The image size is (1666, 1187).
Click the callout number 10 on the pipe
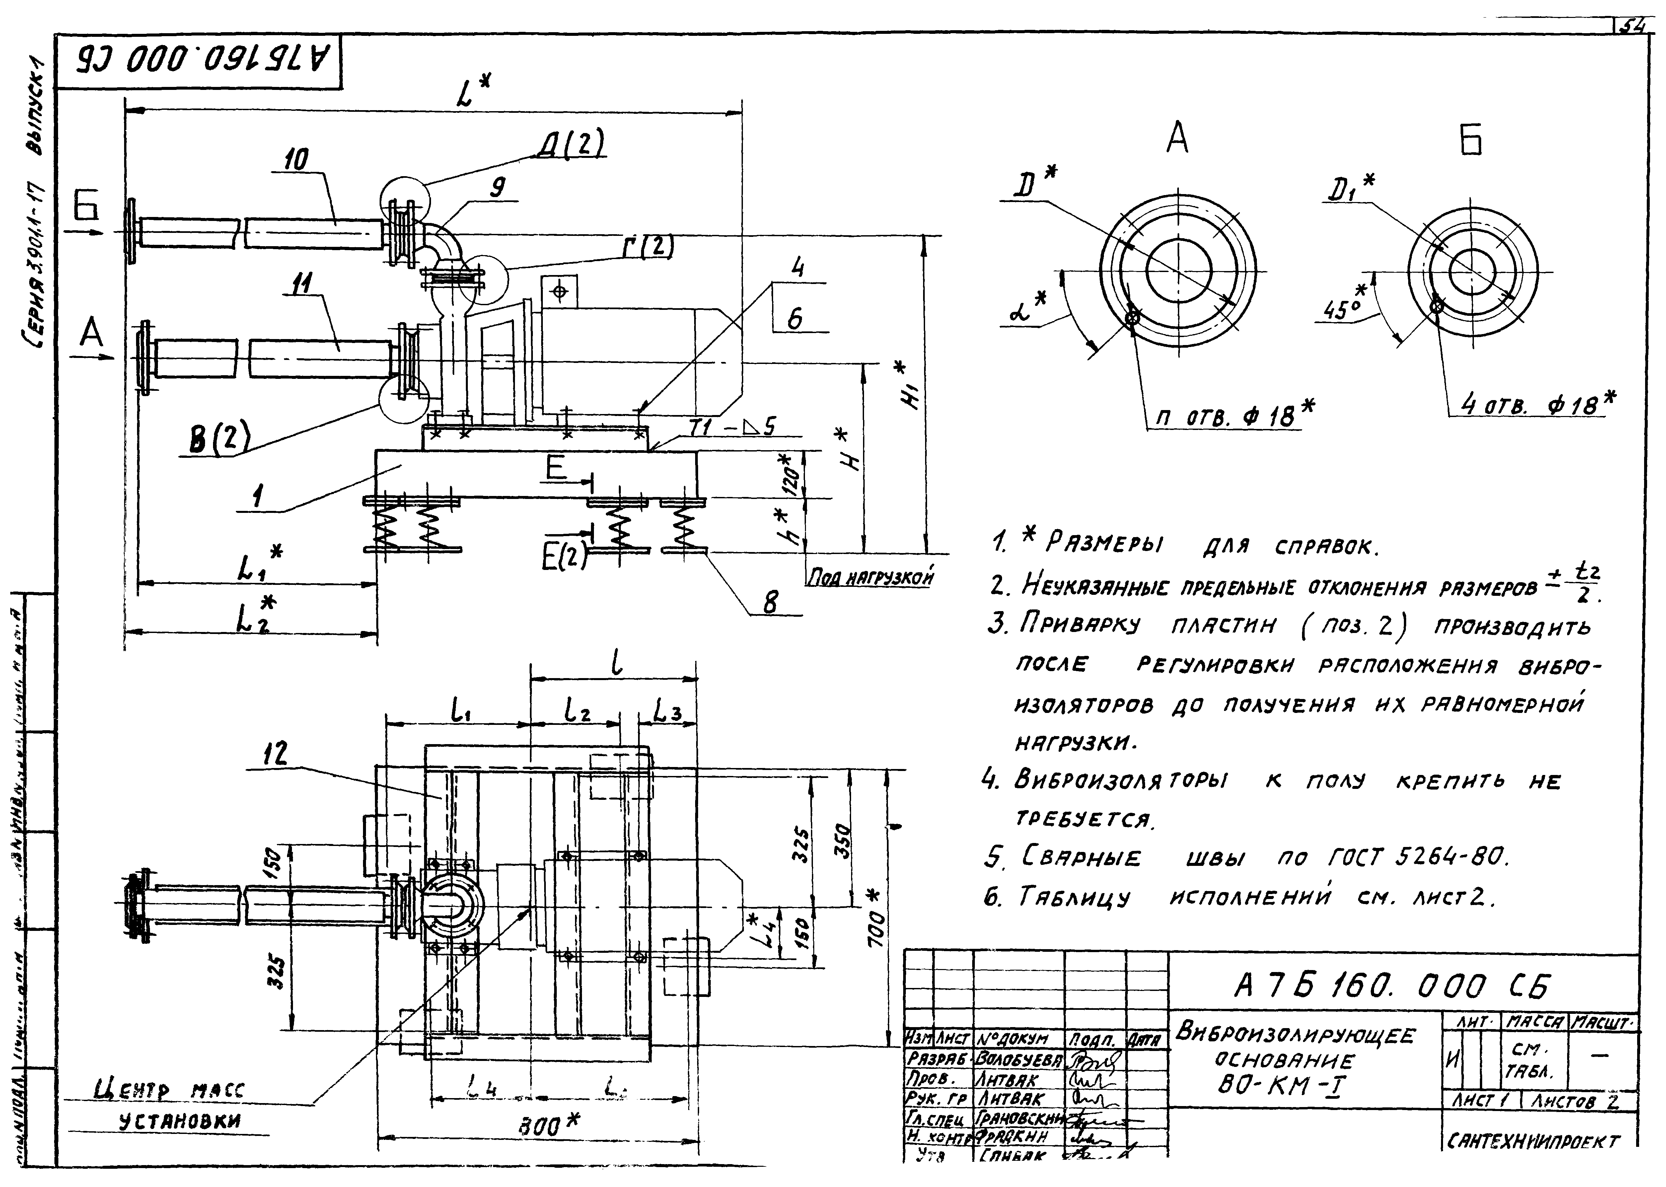[296, 159]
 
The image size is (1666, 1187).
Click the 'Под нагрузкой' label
[870, 578]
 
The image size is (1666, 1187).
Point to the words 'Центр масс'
[170, 1093]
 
